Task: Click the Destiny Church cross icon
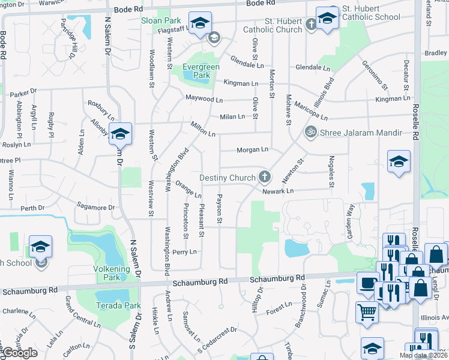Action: pos(264,177)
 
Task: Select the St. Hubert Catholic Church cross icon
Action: pos(310,25)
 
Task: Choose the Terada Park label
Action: pos(119,305)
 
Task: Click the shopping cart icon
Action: pos(367,312)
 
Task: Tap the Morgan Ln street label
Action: pos(252,149)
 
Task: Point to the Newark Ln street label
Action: pos(277,191)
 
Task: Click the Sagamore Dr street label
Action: pos(95,208)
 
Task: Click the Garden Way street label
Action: pos(349,217)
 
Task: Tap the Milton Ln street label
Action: pos(202,127)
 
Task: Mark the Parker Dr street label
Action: pos(23,93)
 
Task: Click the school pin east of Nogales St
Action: pos(399,163)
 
